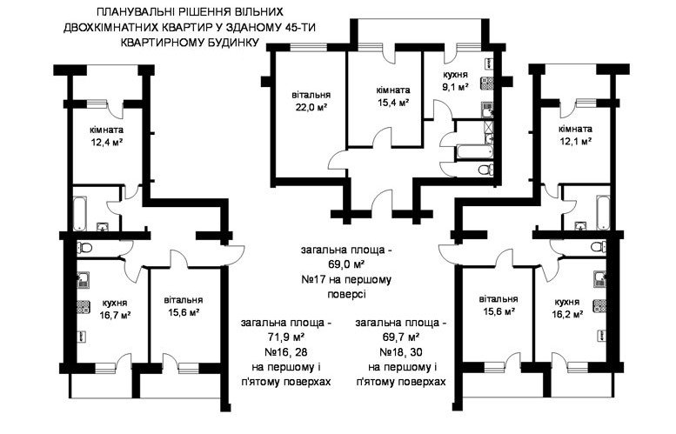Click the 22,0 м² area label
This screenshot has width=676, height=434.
[x=311, y=107]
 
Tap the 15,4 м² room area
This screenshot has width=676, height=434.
[x=392, y=103]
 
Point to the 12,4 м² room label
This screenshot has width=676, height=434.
[x=107, y=142]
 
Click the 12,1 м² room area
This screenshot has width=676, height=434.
[x=575, y=141]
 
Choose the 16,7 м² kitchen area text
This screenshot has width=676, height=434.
[x=115, y=315]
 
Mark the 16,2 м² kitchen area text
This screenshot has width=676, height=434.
[x=567, y=314]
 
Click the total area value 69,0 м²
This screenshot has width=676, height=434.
[x=346, y=264]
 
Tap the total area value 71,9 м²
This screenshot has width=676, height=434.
[x=286, y=337]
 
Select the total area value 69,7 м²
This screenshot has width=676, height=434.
[x=401, y=337]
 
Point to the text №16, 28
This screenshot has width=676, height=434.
[x=286, y=352]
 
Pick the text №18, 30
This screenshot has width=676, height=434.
[x=401, y=352]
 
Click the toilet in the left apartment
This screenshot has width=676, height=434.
[x=84, y=248]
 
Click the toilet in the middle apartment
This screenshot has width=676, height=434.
[x=485, y=170]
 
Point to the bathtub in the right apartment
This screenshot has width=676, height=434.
[x=603, y=212]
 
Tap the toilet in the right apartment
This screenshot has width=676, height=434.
[x=599, y=247]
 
